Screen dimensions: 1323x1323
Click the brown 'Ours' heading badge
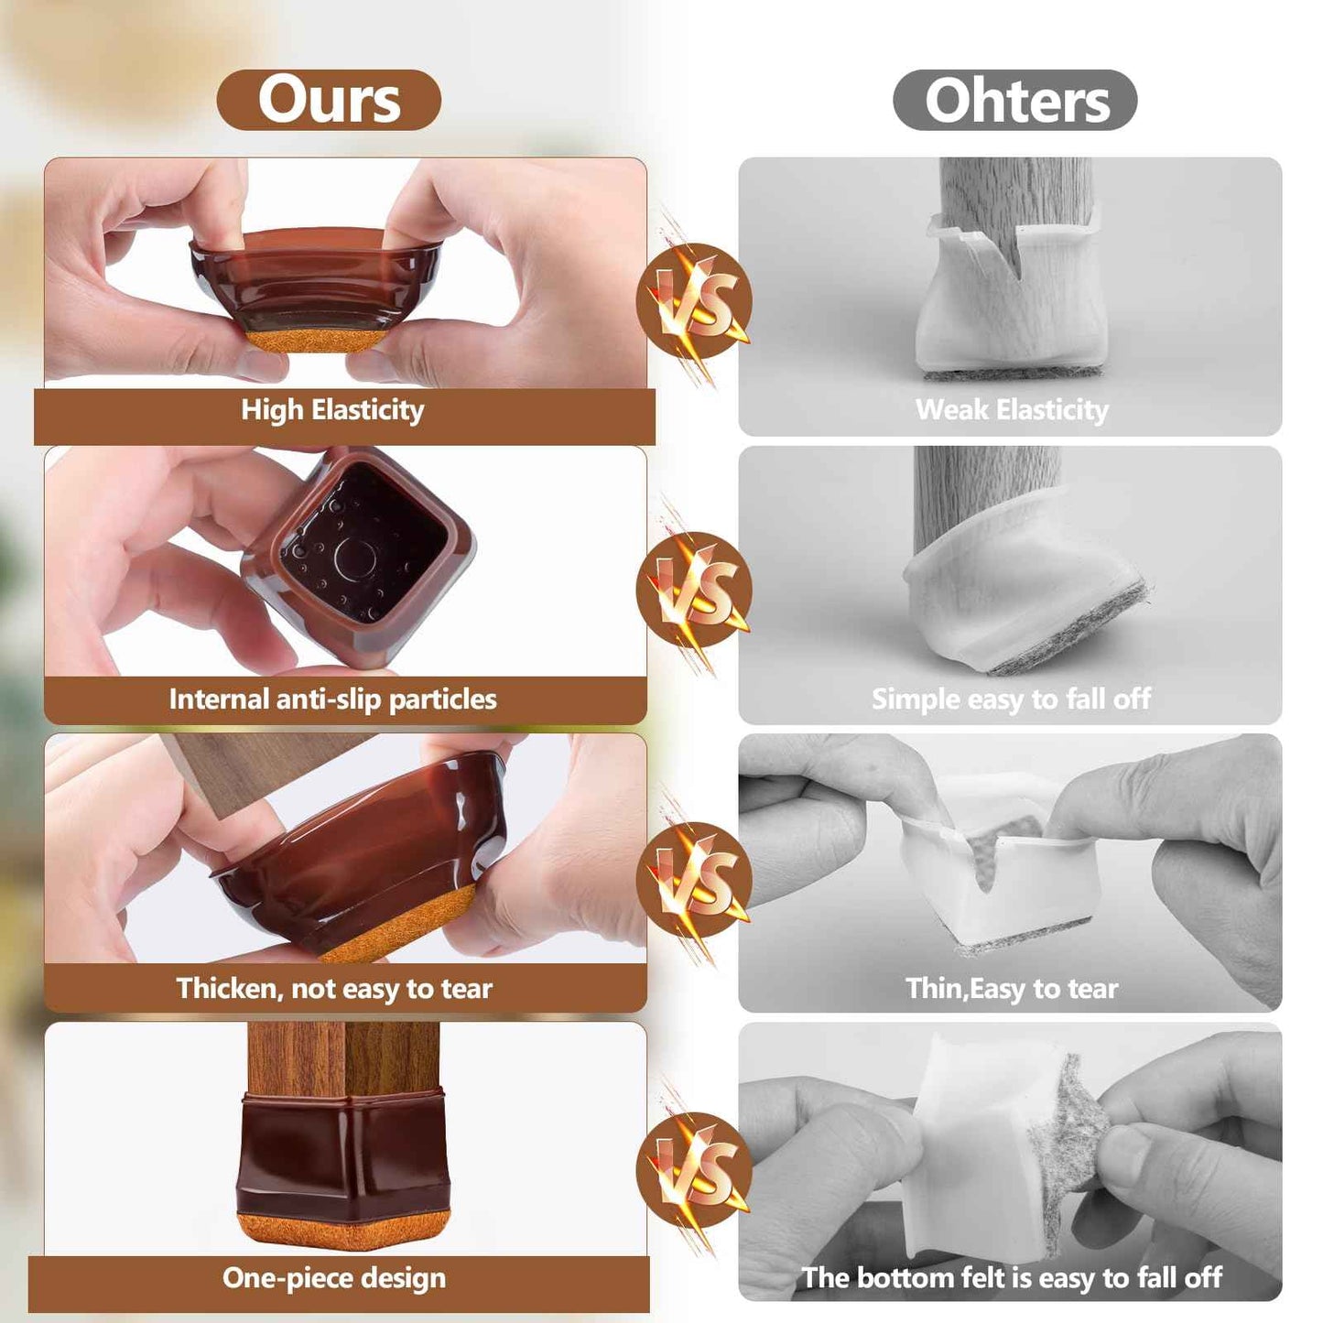pos(329,100)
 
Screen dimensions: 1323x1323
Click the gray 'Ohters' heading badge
pos(1014,100)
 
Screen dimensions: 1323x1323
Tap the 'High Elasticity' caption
pos(332,410)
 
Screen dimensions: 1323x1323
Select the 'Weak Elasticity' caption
pos(1011,410)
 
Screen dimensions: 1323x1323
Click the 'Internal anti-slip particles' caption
pos(332,699)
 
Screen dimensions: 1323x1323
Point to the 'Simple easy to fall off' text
pos(1011,699)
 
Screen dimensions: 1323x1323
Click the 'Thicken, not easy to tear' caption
pos(334,989)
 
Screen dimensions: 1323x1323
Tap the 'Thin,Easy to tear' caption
pos(1011,989)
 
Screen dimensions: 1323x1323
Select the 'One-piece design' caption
pos(334,1278)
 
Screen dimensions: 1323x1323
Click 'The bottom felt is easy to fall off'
pos(1011,1278)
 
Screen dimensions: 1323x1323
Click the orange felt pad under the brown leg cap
pos(343,1231)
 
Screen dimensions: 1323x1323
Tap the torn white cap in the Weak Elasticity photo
pos(1012,293)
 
